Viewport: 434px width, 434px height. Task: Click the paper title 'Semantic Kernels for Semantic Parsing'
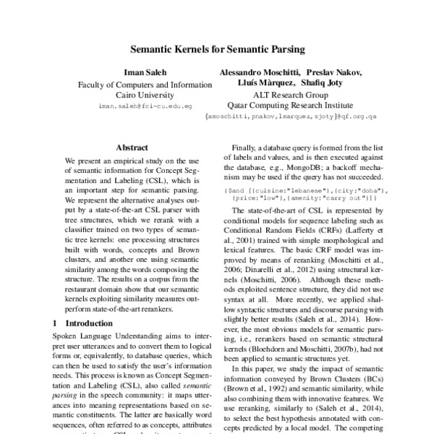point(217,51)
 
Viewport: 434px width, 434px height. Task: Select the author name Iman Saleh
point(134,72)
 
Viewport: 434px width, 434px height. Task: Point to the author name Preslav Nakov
point(336,72)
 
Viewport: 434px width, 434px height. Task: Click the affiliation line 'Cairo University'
point(135,95)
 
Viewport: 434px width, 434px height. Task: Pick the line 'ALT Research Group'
point(290,95)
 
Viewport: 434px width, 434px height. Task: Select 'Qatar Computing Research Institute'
point(290,105)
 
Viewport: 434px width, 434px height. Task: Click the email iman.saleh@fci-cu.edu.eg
point(145,106)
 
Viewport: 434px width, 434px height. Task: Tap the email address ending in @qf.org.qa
point(292,116)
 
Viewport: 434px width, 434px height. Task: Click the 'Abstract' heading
point(132,147)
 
